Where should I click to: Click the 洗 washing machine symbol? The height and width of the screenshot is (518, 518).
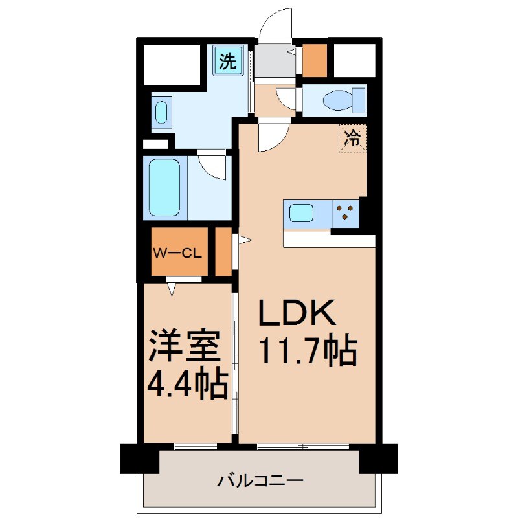pyautogui.click(x=228, y=62)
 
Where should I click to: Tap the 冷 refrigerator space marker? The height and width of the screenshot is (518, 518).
pyautogui.click(x=352, y=137)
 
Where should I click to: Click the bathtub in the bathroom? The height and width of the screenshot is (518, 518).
pyautogui.click(x=165, y=187)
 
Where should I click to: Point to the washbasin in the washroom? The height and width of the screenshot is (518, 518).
pyautogui.click(x=162, y=111)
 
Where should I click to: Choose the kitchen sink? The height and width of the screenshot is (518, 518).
pyautogui.click(x=302, y=212)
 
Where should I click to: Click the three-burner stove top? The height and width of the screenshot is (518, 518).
pyautogui.click(x=346, y=213)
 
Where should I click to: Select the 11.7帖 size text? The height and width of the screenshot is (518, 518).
pyautogui.click(x=308, y=351)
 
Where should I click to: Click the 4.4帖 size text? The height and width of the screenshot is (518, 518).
pyautogui.click(x=187, y=384)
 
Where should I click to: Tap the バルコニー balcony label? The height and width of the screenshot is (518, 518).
pyautogui.click(x=260, y=481)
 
